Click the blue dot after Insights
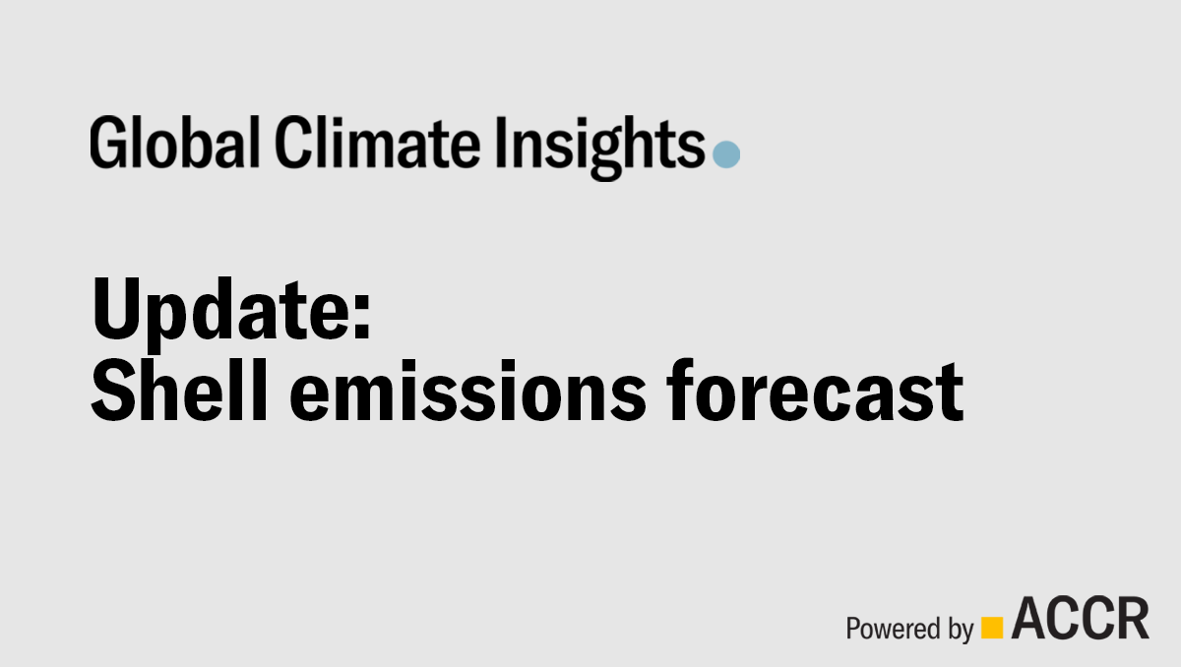[x=726, y=154]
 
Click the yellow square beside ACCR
[x=992, y=627]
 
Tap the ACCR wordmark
[x=1080, y=618]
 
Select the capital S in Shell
[x=113, y=391]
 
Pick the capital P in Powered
[x=853, y=627]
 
